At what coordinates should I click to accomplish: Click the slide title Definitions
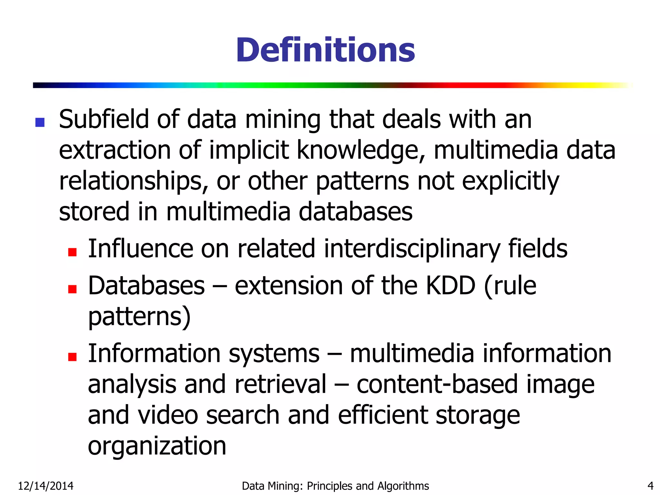point(325,50)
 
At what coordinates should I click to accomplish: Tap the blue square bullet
point(40,122)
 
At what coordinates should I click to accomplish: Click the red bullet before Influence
point(73,252)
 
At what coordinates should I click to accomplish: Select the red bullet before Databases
point(73,289)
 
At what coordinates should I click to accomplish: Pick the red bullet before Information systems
point(73,357)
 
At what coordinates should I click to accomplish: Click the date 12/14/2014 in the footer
point(46,486)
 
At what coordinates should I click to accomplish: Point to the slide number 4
point(650,486)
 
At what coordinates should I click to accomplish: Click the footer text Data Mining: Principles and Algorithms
point(335,486)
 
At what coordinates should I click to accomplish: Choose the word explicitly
point(510,181)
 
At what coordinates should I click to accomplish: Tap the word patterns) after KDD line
point(139,316)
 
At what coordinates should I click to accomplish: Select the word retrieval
point(280,384)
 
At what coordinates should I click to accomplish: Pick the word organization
point(157,446)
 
